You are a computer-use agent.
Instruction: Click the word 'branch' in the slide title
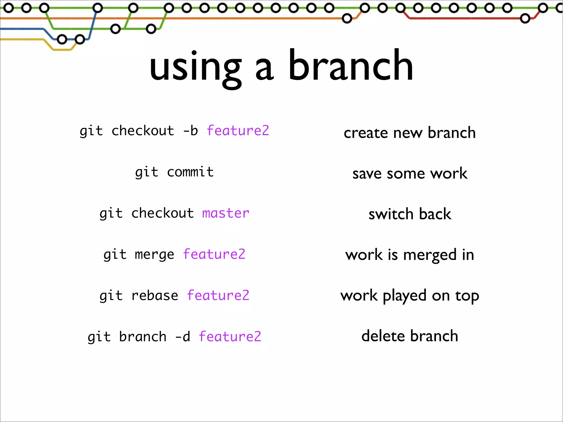click(x=351, y=66)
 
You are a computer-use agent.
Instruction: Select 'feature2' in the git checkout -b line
click(x=238, y=131)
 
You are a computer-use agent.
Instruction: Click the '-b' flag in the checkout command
click(x=191, y=131)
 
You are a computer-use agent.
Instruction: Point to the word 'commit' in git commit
click(x=190, y=172)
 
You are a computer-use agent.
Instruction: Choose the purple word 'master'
click(x=225, y=213)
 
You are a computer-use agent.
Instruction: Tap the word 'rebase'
click(x=155, y=296)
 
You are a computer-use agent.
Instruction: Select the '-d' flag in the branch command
click(x=183, y=337)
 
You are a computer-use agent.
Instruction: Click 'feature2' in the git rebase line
click(x=218, y=296)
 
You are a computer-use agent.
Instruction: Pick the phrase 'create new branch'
click(x=410, y=133)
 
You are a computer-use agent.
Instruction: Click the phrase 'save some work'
click(x=410, y=174)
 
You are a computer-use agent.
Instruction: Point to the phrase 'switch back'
click(x=410, y=214)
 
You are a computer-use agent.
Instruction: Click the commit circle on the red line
click(x=525, y=19)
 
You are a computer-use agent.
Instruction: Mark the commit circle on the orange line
click(x=347, y=18)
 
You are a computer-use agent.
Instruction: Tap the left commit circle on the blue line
click(x=62, y=40)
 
